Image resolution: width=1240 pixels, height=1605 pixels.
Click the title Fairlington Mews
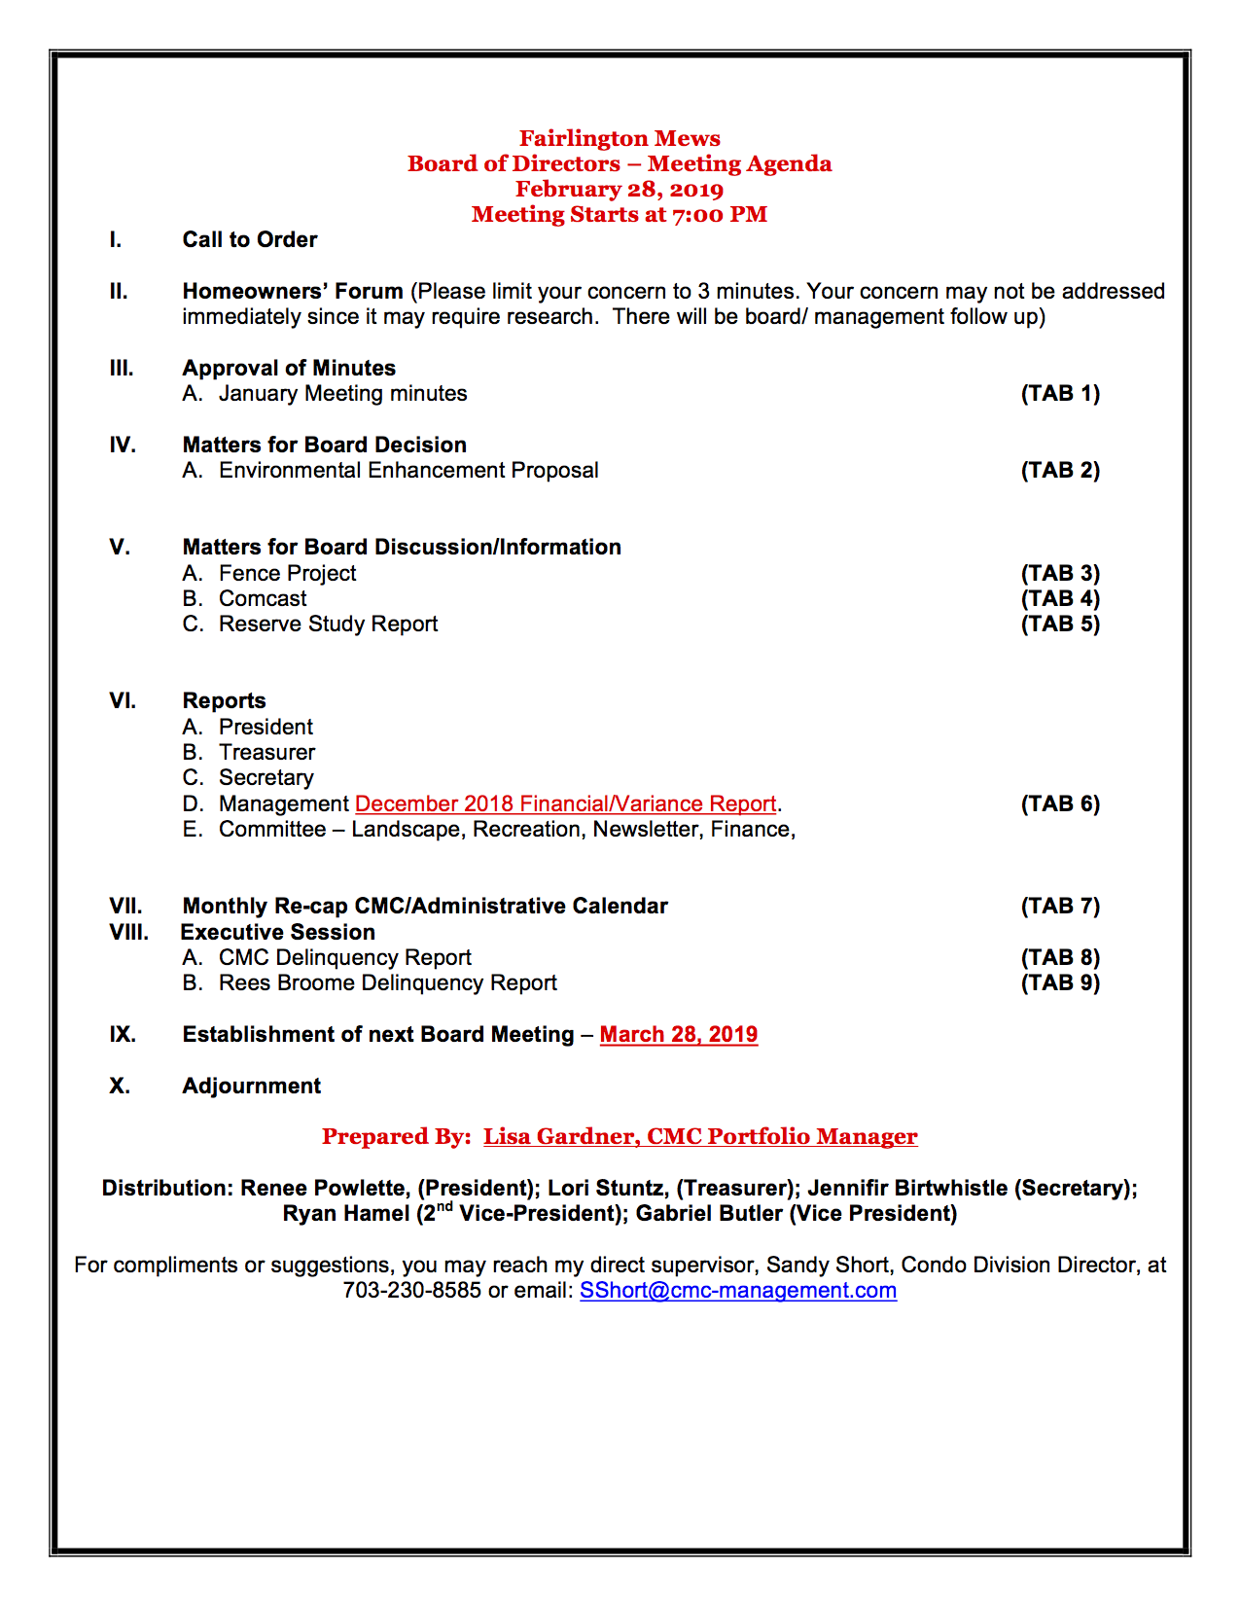point(620,138)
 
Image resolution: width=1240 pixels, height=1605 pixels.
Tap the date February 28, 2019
point(620,189)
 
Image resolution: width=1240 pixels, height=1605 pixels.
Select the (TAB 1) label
point(1060,393)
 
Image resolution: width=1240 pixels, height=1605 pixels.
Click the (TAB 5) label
point(1060,624)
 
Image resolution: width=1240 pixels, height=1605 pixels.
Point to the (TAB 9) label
point(1060,982)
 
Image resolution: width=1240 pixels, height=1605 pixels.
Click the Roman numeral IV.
point(123,445)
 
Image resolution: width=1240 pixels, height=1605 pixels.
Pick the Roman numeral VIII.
point(129,932)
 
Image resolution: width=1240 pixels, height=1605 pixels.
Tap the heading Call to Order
point(250,239)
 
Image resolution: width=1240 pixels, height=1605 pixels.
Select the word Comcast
point(263,598)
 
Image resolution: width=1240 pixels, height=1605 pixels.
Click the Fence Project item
point(287,573)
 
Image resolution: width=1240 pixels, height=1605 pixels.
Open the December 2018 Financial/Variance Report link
point(566,803)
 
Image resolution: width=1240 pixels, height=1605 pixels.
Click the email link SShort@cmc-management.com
point(738,1290)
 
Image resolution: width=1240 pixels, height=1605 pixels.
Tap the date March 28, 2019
point(678,1034)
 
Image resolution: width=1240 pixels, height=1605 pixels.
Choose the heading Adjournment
point(251,1086)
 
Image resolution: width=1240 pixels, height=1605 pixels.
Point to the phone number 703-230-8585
point(411,1290)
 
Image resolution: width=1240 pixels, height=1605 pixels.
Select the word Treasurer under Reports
point(266,752)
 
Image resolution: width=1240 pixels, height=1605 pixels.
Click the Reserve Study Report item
point(328,624)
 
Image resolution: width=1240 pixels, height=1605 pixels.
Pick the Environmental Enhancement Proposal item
point(408,470)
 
